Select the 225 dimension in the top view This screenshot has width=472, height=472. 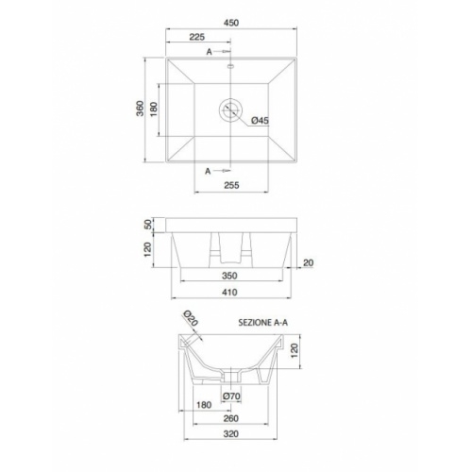point(198,38)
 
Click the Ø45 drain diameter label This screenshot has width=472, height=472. point(261,120)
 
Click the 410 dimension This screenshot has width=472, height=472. point(228,294)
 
